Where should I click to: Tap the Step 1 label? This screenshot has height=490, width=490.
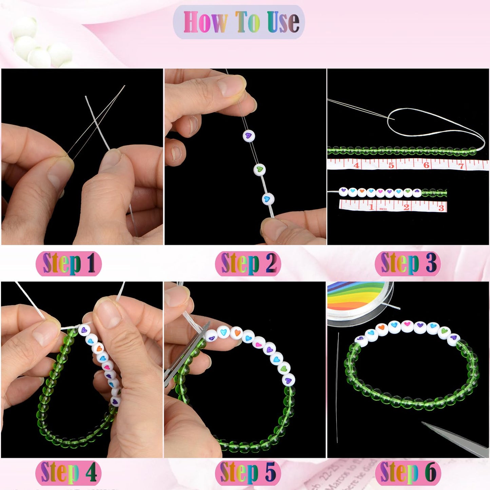[69, 263]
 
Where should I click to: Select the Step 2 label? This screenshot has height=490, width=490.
[248, 263]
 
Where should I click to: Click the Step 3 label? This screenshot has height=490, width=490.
[408, 263]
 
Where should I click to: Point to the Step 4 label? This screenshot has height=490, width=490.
[69, 472]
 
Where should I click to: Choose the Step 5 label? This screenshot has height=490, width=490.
[248, 472]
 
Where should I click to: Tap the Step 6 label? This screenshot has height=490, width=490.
[408, 472]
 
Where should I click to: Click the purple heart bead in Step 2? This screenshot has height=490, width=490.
[249, 136]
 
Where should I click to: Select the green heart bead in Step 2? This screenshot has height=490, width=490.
[260, 169]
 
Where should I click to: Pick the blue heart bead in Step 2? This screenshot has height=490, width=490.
[268, 199]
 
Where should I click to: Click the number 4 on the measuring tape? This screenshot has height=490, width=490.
[356, 165]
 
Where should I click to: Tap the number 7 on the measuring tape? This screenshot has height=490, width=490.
[461, 166]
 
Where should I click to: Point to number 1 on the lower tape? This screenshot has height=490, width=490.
[372, 207]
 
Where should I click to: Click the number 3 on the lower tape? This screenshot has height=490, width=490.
[441, 208]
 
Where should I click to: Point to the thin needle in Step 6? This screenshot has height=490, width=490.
[337, 387]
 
